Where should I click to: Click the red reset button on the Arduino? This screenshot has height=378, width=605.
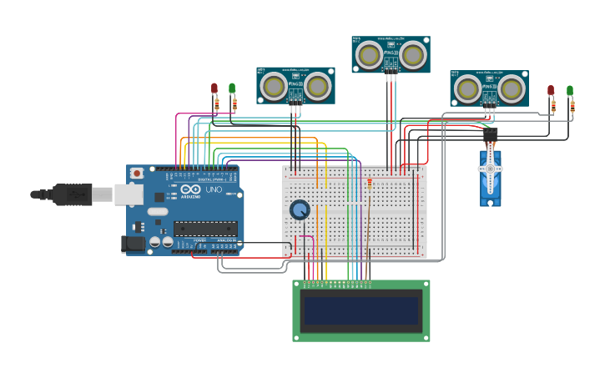point(137,173)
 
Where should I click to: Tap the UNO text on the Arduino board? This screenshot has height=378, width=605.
point(214,190)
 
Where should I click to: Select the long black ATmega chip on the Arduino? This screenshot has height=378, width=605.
point(205,228)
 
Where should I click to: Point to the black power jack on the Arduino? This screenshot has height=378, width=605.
point(132,244)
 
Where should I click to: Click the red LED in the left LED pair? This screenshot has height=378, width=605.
point(214,88)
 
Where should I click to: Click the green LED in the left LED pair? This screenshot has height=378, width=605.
point(232,88)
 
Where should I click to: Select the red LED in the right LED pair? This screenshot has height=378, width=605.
point(551,90)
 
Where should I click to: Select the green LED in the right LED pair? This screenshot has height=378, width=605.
point(570,90)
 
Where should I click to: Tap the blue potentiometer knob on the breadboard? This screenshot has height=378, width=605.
point(300,209)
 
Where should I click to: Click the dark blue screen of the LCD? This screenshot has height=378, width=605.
point(361,311)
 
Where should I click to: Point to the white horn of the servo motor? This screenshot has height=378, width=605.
point(491,169)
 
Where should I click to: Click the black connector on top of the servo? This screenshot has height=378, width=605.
point(491,134)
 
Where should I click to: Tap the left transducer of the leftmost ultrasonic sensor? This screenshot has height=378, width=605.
point(274,86)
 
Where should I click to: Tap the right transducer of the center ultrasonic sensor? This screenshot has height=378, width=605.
point(412,55)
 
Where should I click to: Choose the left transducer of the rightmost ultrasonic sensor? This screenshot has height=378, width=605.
point(468,88)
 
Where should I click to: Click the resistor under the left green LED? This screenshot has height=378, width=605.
point(234,104)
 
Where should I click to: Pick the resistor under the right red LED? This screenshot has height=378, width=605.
point(552,106)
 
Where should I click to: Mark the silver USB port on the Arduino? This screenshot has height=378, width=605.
point(128,194)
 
